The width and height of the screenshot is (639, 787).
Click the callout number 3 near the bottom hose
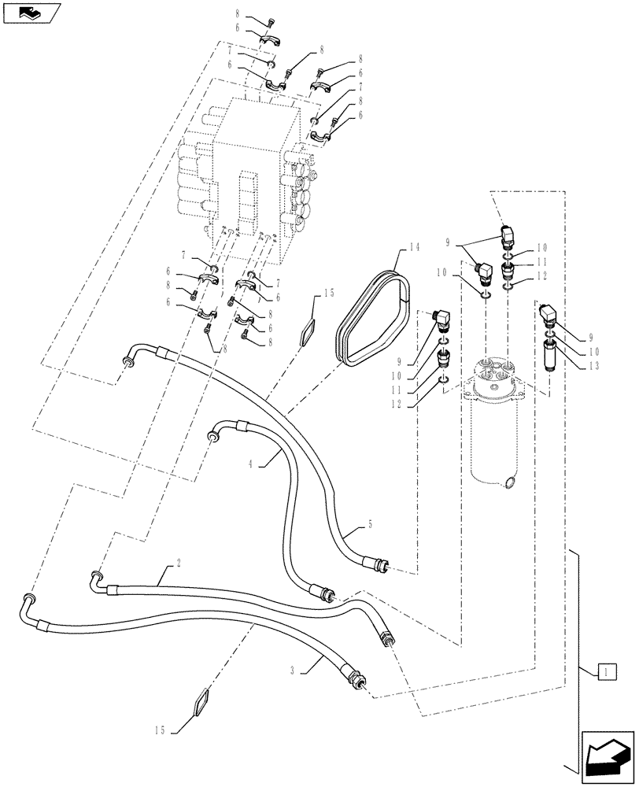click(294, 672)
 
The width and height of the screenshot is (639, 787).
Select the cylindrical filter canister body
click(495, 441)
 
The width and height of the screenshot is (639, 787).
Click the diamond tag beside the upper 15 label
click(308, 331)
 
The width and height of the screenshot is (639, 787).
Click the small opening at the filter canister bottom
click(511, 482)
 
